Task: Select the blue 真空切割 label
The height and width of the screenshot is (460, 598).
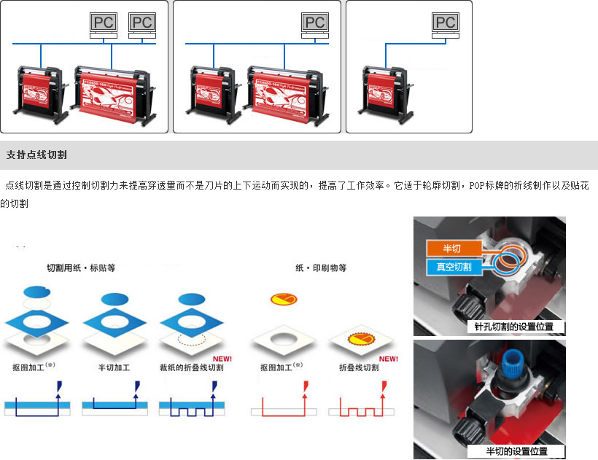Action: (x=454, y=267)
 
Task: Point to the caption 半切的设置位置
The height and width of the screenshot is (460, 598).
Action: (x=517, y=451)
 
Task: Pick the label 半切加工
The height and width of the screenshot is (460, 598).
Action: (x=112, y=367)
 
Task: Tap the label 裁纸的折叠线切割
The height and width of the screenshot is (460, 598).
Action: (x=191, y=367)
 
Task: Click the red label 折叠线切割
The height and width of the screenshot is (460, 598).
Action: (x=359, y=367)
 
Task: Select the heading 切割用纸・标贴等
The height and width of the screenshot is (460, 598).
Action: (x=81, y=268)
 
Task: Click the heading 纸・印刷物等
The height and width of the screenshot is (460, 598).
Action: (x=322, y=268)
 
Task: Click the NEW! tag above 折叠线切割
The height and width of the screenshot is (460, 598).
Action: (x=388, y=359)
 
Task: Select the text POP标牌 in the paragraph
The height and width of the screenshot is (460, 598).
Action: (x=492, y=186)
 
